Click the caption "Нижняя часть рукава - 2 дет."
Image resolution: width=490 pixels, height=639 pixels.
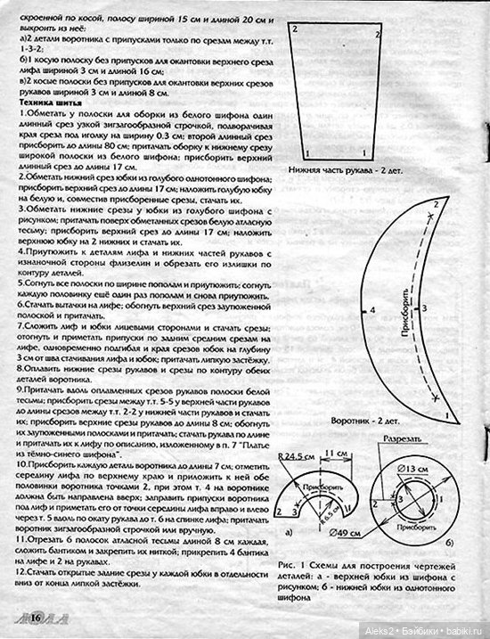[x=343, y=169]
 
